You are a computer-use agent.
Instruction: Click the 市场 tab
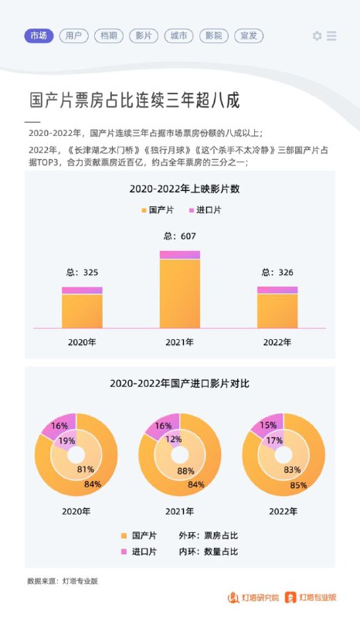click(39, 36)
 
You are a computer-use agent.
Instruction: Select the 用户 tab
click(73, 36)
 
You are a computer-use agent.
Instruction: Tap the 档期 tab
click(108, 36)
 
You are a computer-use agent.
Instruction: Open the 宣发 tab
click(247, 36)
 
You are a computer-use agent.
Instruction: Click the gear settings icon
click(317, 36)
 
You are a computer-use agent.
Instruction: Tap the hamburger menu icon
click(331, 36)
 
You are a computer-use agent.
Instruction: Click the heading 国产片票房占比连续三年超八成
click(134, 100)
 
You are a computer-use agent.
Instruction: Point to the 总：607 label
click(179, 236)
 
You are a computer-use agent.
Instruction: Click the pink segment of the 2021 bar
click(179, 254)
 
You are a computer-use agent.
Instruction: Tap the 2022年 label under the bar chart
click(277, 341)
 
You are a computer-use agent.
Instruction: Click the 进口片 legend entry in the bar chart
click(203, 210)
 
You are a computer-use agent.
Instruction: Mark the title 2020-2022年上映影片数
click(184, 189)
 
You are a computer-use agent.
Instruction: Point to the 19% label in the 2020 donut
click(66, 440)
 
